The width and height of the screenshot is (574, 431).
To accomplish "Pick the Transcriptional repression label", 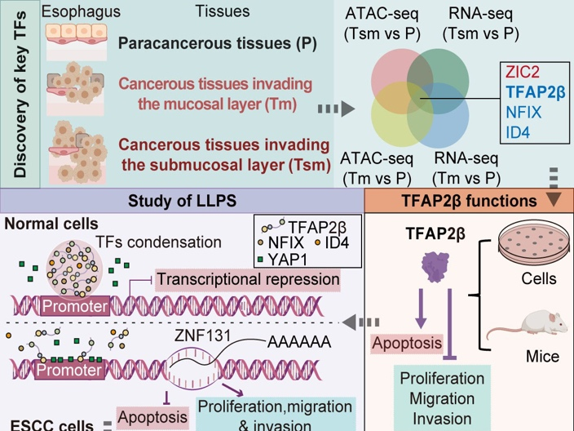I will tap(247, 279).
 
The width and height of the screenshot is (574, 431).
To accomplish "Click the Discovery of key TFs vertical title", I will tap(22, 90).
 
